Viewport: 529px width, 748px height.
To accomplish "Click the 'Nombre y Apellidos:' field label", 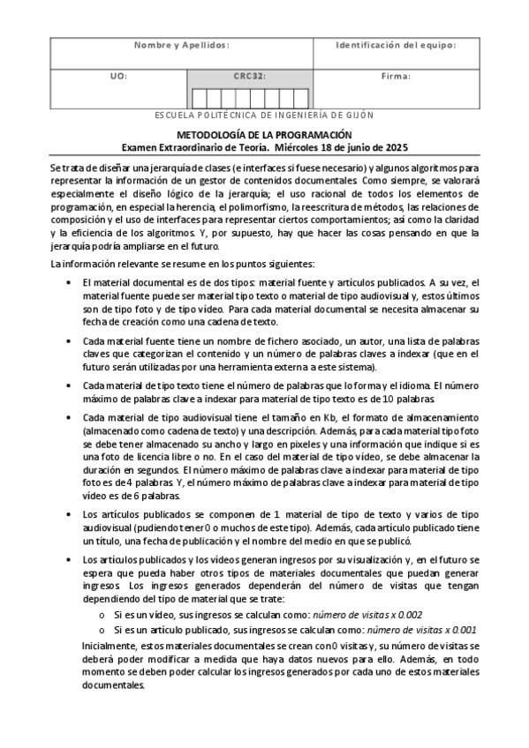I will (181, 45).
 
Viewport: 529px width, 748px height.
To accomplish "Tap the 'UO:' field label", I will (118, 77).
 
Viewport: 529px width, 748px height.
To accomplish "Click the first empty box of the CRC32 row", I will (200, 97).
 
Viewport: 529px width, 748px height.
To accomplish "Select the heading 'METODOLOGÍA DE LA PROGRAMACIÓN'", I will (265, 134).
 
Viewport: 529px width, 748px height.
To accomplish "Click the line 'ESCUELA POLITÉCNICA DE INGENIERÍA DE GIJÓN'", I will (264, 116).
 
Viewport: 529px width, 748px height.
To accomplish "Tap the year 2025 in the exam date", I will (396, 146).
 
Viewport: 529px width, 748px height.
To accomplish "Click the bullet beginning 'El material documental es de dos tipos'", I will (70, 280).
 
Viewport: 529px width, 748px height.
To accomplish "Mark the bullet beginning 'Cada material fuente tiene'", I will (70, 340).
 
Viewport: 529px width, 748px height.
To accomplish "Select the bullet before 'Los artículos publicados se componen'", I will (70, 513).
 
